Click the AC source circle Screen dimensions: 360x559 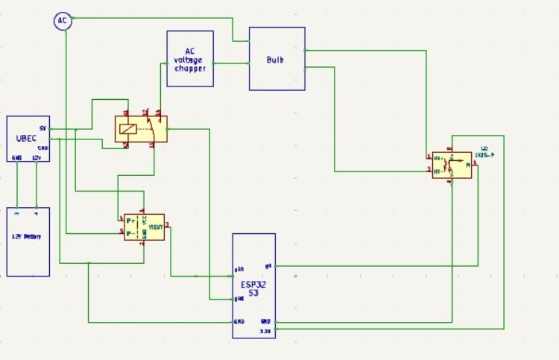[x=63, y=21]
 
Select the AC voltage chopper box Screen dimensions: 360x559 [x=190, y=59]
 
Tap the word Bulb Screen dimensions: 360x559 [x=276, y=59]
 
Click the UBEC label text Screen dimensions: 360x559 [x=27, y=139]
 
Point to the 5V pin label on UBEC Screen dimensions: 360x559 [x=43, y=129]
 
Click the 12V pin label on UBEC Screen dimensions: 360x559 [x=37, y=158]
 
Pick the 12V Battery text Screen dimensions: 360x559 [x=27, y=237]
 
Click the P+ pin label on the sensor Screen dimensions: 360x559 [x=131, y=221]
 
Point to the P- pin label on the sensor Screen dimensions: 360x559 [x=131, y=233]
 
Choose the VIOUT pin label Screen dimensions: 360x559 [x=157, y=226]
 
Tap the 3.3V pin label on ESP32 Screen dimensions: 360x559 [x=264, y=330]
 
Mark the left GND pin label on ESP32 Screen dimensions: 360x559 [x=239, y=322]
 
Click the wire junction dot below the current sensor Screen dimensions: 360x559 [x=89, y=263]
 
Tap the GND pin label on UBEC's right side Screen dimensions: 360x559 [x=42, y=148]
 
